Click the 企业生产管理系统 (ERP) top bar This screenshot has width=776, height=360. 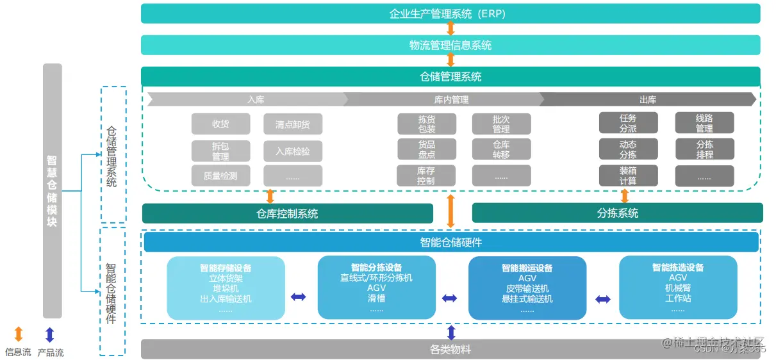pos(450,13)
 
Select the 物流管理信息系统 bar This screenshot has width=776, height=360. pos(450,45)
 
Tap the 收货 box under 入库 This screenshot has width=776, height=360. pos(220,124)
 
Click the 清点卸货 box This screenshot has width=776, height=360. pos(293,124)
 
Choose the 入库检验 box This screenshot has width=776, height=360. pos(293,151)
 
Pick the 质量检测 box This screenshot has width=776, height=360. pos(220,176)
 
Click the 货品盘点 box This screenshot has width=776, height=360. pos(426,149)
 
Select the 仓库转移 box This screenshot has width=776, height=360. pos(501,149)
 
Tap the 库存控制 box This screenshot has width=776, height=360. pos(426,176)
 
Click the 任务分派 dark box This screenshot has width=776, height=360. pos(628,123)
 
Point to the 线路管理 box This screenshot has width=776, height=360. pos(704,123)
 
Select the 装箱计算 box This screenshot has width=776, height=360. pos(628,176)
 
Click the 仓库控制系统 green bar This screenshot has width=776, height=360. pos(287,213)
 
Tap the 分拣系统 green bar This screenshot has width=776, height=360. pos(617,213)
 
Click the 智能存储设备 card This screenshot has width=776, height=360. pos(226,288)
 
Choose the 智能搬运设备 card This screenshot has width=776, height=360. pos(527,288)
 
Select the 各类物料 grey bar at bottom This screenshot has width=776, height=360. pos(450,349)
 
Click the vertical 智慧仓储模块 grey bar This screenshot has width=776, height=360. pos(53,191)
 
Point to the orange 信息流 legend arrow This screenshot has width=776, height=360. pos(18,334)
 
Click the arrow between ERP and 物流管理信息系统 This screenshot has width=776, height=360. pos(450,29)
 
